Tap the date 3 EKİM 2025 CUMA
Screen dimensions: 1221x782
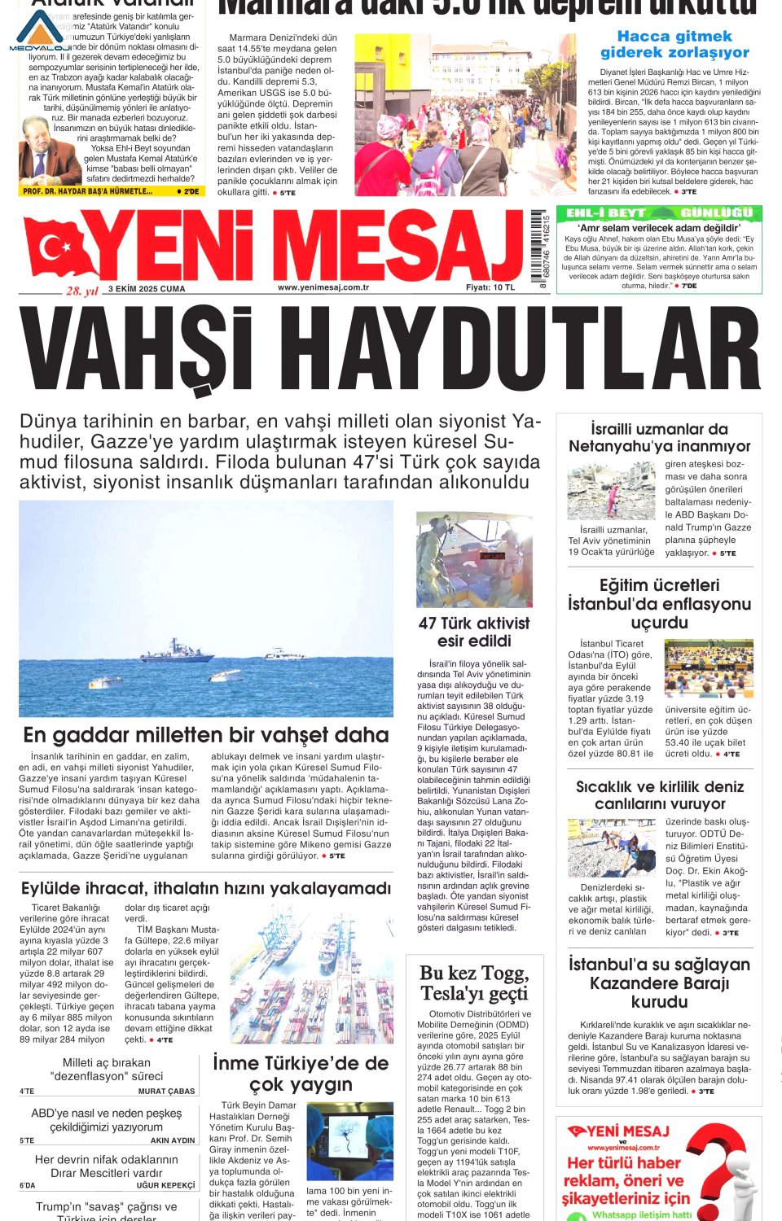(x=147, y=289)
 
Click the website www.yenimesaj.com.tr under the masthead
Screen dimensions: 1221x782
(x=323, y=287)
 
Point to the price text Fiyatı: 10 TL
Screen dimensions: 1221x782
(x=490, y=287)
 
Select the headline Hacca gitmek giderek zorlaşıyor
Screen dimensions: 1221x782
(x=674, y=44)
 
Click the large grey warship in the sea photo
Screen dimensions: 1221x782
(x=177, y=650)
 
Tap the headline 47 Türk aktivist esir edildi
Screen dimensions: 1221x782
(x=474, y=632)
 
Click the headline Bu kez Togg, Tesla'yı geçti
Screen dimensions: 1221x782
(x=474, y=983)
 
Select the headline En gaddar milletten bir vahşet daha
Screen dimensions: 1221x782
(x=205, y=735)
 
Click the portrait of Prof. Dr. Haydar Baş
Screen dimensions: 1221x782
(x=48, y=153)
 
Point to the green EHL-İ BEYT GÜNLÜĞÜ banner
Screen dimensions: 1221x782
(x=659, y=213)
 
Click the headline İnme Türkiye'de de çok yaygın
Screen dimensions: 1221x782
(x=301, y=1074)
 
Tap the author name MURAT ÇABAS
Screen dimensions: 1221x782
(x=166, y=1092)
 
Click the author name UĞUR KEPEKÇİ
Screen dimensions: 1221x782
(x=165, y=1185)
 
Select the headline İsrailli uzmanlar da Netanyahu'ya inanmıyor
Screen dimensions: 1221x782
(x=660, y=437)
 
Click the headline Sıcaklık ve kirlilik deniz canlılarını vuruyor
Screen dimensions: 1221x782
(x=660, y=794)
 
